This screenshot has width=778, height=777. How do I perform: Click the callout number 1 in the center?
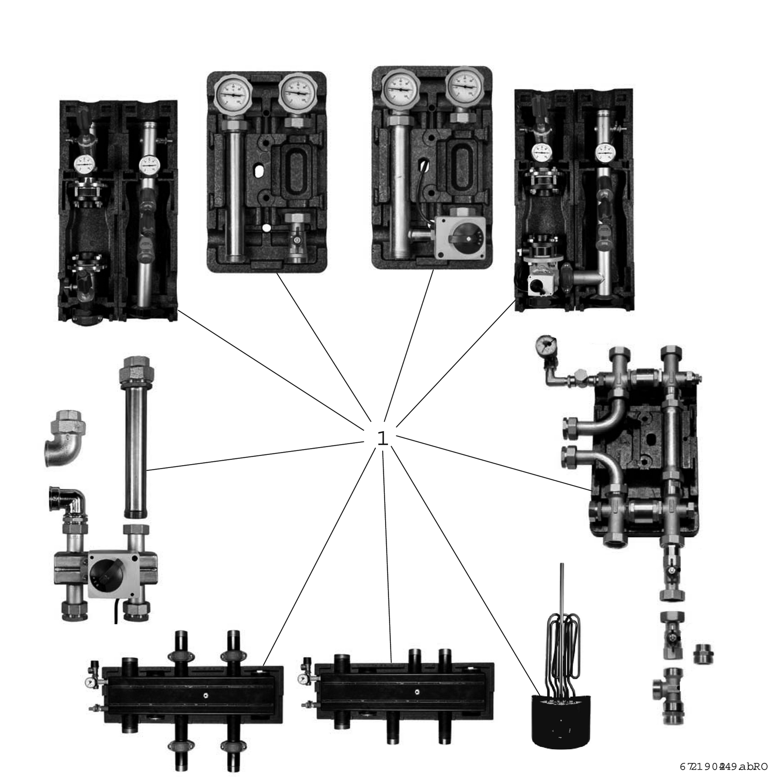[x=383, y=439]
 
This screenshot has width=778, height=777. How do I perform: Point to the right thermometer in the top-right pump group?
[x=604, y=152]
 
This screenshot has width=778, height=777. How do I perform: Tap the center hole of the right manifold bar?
[x=417, y=691]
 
